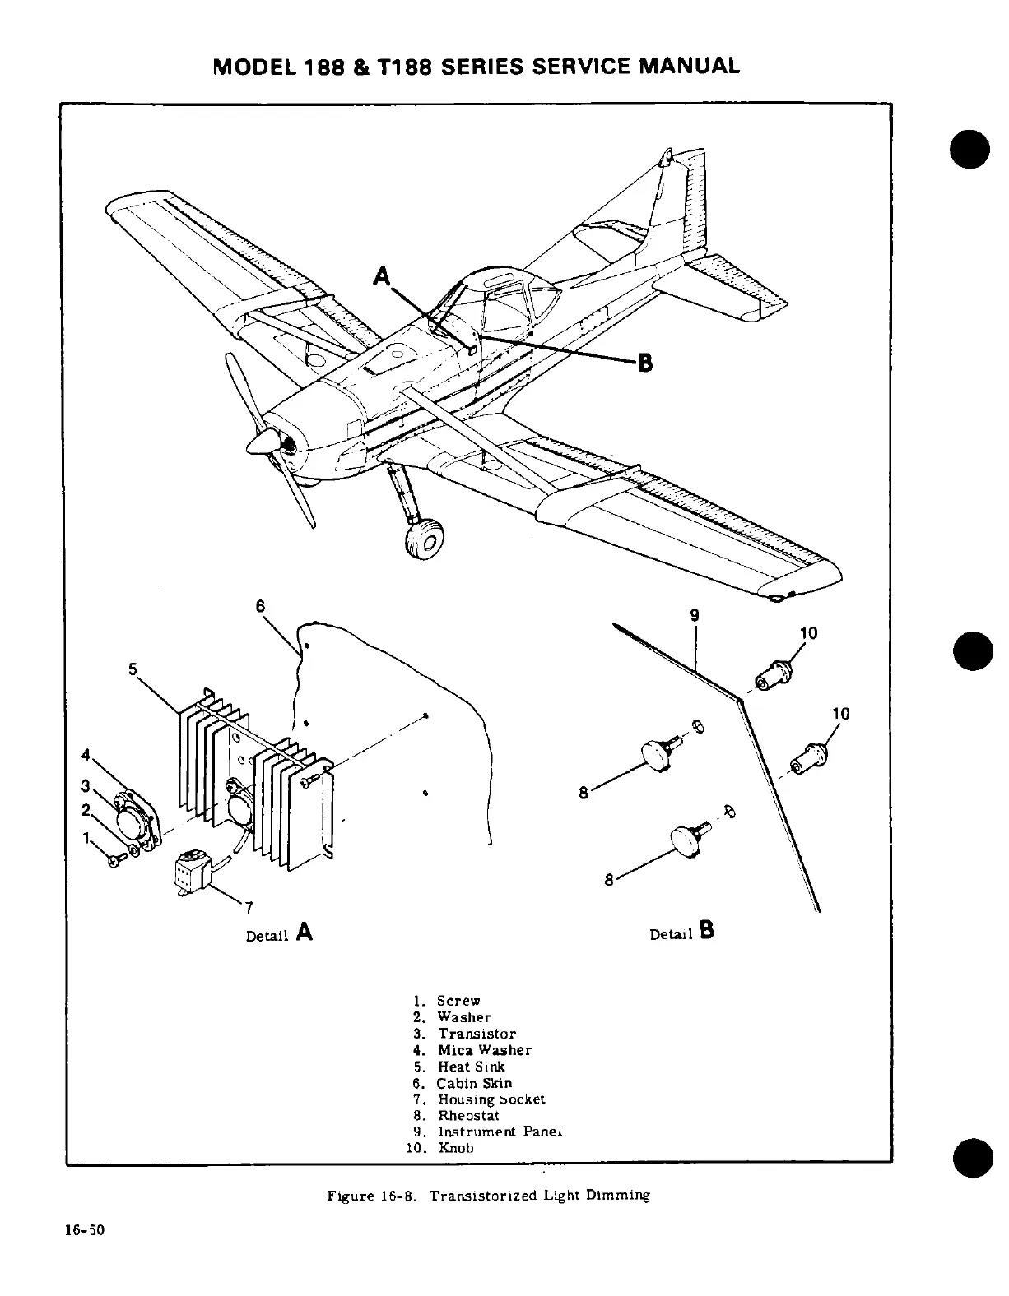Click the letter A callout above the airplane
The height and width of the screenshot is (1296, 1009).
point(382,276)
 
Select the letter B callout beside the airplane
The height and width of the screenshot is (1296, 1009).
point(645,362)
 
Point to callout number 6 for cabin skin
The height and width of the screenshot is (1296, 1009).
point(260,607)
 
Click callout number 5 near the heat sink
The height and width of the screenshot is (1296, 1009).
point(133,669)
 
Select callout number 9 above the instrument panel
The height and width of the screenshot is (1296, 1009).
point(695,615)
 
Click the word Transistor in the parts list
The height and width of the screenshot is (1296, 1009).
point(477,1034)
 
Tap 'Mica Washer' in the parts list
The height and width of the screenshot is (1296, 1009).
point(484,1050)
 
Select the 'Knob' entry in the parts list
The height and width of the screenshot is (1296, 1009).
point(455,1148)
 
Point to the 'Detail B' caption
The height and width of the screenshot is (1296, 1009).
point(682,933)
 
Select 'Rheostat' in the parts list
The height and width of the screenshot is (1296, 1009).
point(468,1116)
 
